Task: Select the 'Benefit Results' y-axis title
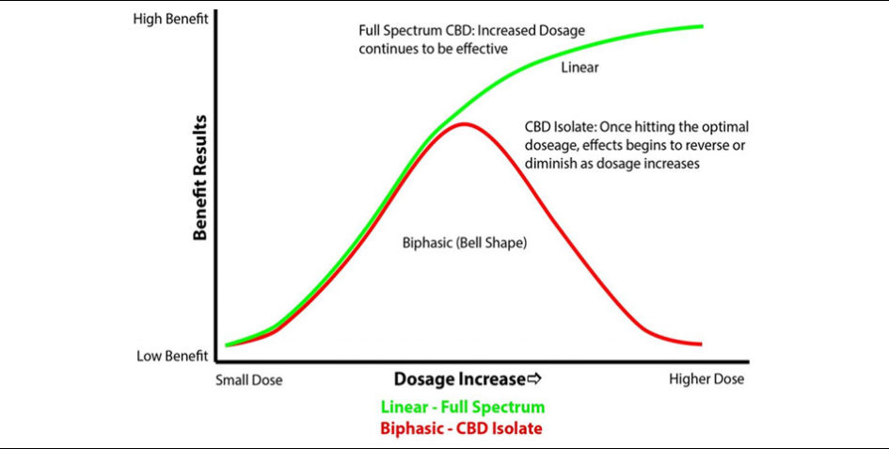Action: point(199,180)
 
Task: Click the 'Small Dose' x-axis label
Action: point(248,380)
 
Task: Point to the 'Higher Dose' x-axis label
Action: point(706,379)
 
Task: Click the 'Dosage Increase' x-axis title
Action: point(458,379)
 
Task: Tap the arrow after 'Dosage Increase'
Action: point(535,379)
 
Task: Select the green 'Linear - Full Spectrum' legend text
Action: point(462,408)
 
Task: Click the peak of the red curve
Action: point(462,124)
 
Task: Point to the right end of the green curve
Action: point(703,25)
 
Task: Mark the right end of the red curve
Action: point(703,344)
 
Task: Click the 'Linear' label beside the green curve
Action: point(579,68)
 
